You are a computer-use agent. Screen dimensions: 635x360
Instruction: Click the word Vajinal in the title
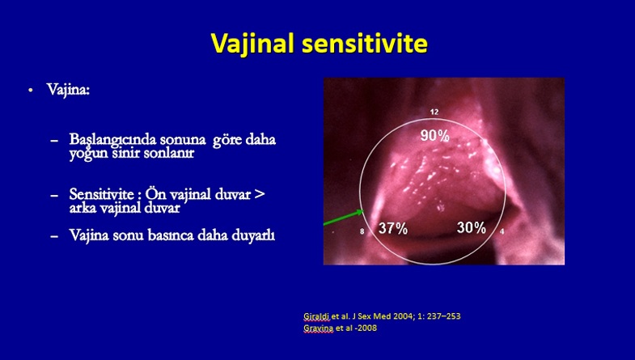pos(252,44)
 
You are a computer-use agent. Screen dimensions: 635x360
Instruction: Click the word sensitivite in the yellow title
pos(365,43)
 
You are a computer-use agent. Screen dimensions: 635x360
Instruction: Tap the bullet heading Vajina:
pos(68,90)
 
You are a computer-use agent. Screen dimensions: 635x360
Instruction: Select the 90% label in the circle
pos(434,136)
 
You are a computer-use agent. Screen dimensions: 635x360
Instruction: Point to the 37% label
pos(393,228)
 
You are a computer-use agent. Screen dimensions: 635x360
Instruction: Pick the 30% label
pos(472,227)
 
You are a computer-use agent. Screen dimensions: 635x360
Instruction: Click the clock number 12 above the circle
pos(434,112)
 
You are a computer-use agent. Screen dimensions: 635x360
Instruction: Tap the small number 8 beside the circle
pos(362,231)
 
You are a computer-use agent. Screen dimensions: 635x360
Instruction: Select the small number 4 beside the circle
pos(502,231)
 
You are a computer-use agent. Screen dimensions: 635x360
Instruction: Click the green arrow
pos(344,217)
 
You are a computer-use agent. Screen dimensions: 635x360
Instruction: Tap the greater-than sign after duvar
pos(259,194)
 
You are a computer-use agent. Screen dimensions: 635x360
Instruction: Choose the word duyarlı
pos(253,235)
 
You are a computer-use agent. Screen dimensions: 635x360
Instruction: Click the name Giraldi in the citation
pos(316,316)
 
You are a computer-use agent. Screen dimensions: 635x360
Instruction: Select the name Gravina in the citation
pos(319,328)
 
